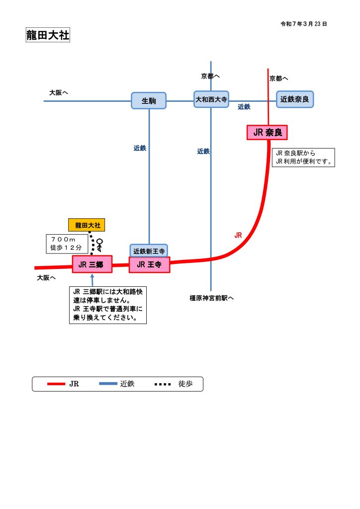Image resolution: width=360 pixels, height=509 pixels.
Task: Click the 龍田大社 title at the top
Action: point(48,35)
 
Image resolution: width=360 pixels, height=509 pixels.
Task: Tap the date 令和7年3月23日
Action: point(303,23)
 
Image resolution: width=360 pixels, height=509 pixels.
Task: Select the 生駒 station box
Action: point(149,100)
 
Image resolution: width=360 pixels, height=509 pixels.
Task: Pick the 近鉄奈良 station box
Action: point(295,99)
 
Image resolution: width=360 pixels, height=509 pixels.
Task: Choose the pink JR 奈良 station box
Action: point(268,132)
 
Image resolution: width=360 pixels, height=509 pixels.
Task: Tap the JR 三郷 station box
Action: point(92,264)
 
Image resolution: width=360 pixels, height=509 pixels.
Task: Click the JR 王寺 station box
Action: point(149,264)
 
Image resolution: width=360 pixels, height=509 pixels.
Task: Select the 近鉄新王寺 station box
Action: point(149,251)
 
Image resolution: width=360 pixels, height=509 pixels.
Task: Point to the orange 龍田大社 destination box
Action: point(88,225)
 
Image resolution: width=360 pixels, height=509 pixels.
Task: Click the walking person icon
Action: point(100,245)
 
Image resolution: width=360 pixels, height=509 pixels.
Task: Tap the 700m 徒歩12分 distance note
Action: point(67,243)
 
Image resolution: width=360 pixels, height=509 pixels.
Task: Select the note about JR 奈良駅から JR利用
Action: point(303,157)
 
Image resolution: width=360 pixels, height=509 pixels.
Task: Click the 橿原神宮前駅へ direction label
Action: point(211,298)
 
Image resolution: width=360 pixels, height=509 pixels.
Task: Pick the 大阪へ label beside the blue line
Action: point(58,92)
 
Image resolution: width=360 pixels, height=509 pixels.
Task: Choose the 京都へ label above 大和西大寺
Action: point(210,76)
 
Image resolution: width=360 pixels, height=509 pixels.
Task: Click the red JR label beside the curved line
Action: point(238,235)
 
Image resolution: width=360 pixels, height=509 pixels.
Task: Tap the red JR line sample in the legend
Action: point(56,384)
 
